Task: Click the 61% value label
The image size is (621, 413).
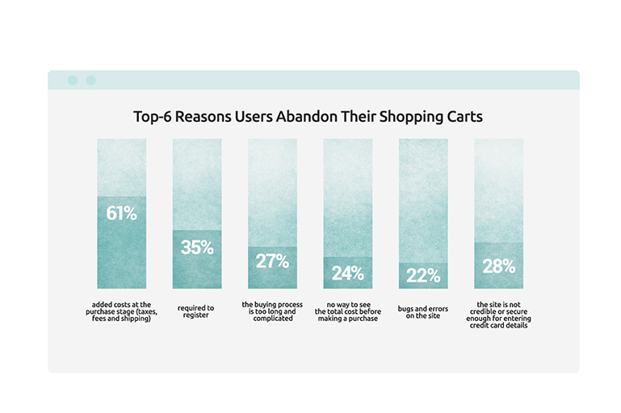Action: coord(122,214)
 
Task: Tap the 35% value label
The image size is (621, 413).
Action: coord(197,248)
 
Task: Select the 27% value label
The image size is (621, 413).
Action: coord(272,261)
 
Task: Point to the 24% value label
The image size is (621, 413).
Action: coord(348,273)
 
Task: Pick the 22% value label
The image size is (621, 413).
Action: coord(423,276)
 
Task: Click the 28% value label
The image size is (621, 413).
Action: coord(498,266)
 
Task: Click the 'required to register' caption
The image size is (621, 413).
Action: coord(195,311)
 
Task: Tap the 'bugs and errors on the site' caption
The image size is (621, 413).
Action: coord(423,312)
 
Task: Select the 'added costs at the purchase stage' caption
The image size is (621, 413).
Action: coord(122,311)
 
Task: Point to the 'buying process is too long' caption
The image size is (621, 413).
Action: coord(272,311)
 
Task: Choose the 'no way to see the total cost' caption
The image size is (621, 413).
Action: coord(348,311)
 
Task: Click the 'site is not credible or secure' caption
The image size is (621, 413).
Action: coord(498,315)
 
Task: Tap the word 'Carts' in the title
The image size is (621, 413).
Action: coord(465,117)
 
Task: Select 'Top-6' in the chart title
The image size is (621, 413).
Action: coord(152,117)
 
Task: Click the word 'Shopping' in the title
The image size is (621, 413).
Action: coord(412,118)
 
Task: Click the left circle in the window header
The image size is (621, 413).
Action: coord(73,81)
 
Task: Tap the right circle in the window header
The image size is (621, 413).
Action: coord(91,81)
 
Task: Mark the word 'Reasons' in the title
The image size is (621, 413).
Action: coord(204,117)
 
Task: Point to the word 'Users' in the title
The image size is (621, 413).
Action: coord(254,117)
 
